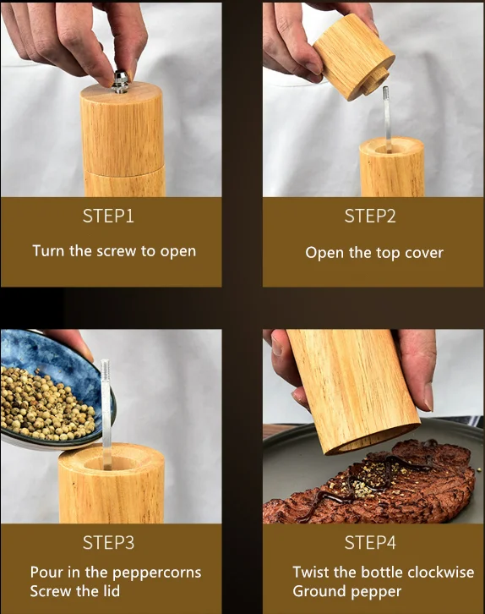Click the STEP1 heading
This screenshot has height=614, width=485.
click(108, 217)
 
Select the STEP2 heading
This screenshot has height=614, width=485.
click(370, 217)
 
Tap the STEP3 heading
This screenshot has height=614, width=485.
click(108, 543)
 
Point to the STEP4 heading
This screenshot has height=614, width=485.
click(370, 543)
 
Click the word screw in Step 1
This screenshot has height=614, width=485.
click(117, 251)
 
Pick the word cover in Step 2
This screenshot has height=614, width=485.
click(424, 253)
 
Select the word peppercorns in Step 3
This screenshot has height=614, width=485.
click(156, 573)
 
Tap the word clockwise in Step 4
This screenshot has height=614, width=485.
click(441, 572)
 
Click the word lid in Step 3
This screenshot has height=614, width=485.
click(112, 591)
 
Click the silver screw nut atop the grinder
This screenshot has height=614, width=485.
click(121, 82)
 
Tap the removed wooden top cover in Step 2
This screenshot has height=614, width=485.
click(354, 56)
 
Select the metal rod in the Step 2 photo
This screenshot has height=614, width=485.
click(387, 119)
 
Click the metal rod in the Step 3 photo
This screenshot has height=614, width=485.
click(106, 414)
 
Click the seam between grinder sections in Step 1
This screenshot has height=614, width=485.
click(124, 173)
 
